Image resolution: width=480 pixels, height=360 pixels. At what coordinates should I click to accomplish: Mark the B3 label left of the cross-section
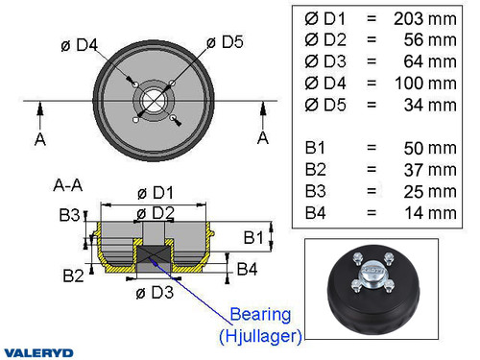pos(70,215)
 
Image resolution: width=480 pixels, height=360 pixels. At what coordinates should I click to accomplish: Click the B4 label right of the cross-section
pos(247,268)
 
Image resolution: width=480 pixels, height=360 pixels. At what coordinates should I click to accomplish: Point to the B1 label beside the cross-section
pos(252,236)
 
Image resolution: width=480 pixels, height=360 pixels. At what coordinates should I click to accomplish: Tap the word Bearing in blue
pos(259,315)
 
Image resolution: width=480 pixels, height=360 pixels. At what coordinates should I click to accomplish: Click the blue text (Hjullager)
pos(259,335)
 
